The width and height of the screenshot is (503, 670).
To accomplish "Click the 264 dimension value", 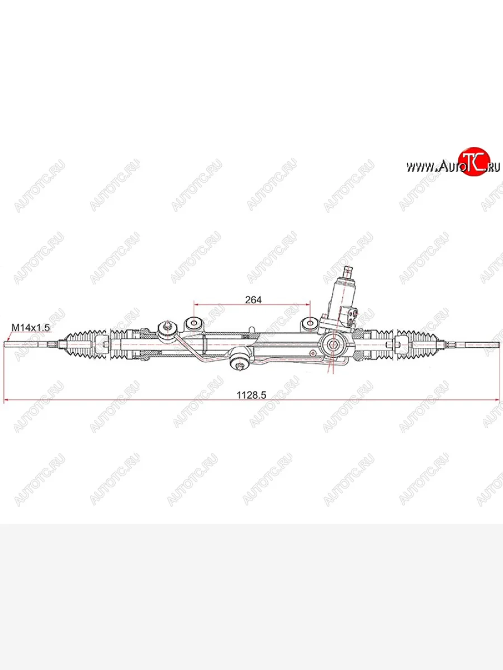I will [253, 299].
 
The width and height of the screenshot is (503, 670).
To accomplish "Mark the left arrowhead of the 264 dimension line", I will [196, 305].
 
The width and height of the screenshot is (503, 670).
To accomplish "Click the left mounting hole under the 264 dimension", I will [193, 323].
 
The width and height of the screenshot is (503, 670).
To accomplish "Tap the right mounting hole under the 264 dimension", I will [310, 323].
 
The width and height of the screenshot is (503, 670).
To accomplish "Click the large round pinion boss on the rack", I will [333, 344].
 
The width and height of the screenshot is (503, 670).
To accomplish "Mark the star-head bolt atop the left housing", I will [168, 327].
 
